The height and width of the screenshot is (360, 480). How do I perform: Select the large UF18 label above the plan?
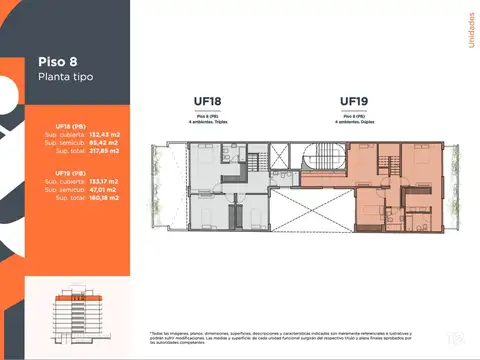208,101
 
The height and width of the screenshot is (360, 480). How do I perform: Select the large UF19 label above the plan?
355,100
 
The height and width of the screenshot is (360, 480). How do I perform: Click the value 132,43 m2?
103,133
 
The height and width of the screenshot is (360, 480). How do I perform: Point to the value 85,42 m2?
103,141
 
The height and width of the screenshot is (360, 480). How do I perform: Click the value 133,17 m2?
103,181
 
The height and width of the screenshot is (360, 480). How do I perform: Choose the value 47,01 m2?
103,189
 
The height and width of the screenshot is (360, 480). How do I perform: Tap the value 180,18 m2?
103,197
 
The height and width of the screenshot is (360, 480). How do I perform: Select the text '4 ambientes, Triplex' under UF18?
208,122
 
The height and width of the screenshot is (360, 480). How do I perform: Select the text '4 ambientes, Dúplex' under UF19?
355,122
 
